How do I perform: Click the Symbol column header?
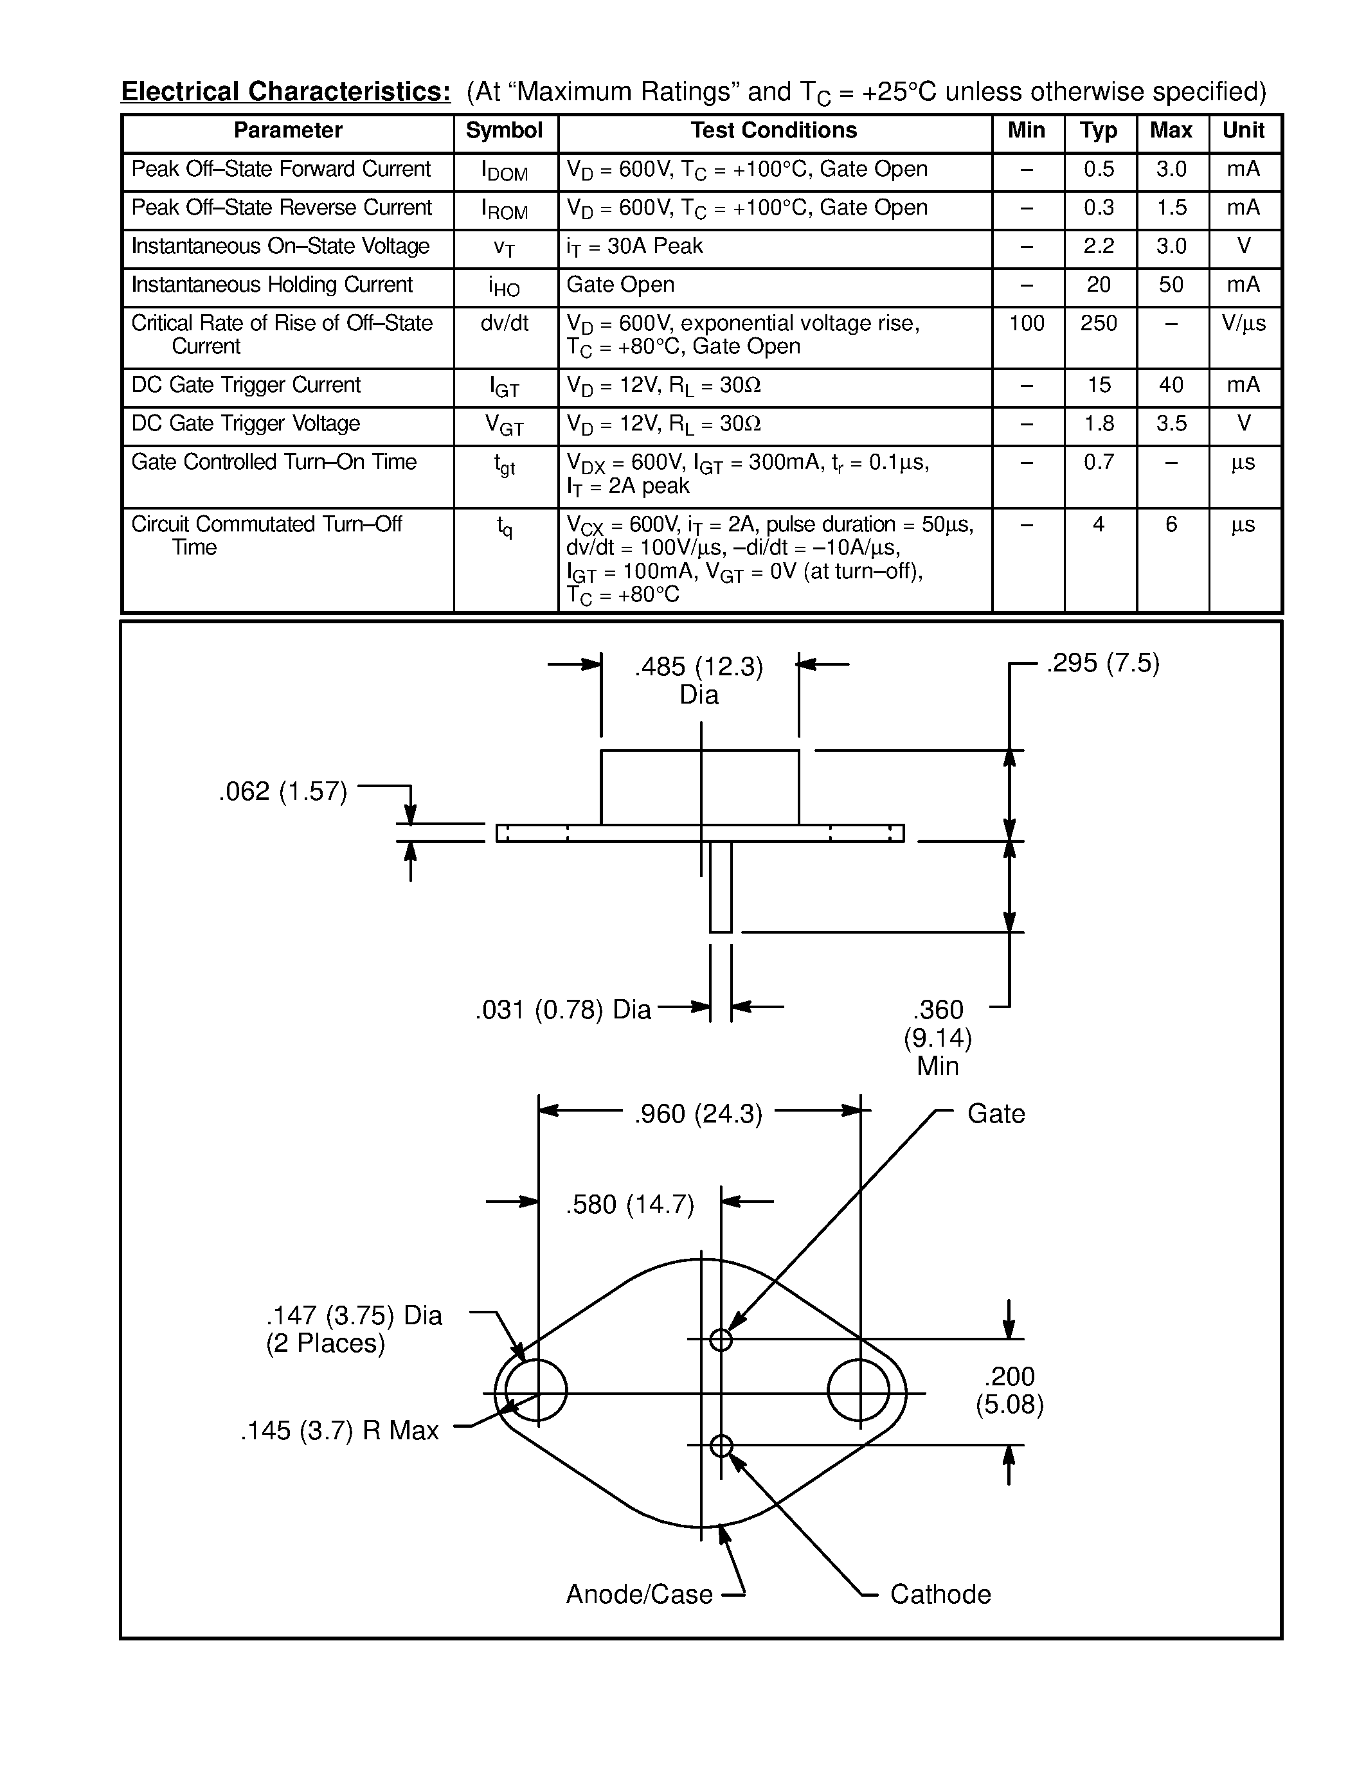pos(504,130)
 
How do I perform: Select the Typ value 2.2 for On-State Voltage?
pos(1098,246)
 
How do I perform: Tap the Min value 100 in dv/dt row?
pos(1026,324)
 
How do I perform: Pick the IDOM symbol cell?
pos(504,171)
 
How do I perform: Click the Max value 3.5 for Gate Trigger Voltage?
pos(1170,423)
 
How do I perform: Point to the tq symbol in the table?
pos(504,528)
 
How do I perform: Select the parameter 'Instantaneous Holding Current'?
pos(272,285)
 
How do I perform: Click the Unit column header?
pos(1243,130)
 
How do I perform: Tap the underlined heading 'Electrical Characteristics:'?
pos(285,91)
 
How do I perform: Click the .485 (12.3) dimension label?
pos(698,667)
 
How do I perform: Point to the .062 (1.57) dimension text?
pos(282,791)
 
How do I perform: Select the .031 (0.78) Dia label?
pos(562,1009)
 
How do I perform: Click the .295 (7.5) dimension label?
pos(1102,664)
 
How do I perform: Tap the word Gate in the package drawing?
pos(995,1114)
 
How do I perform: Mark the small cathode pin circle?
pos(720,1446)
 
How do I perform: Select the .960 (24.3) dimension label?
pos(698,1115)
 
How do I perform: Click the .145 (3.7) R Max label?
pos(339,1430)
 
